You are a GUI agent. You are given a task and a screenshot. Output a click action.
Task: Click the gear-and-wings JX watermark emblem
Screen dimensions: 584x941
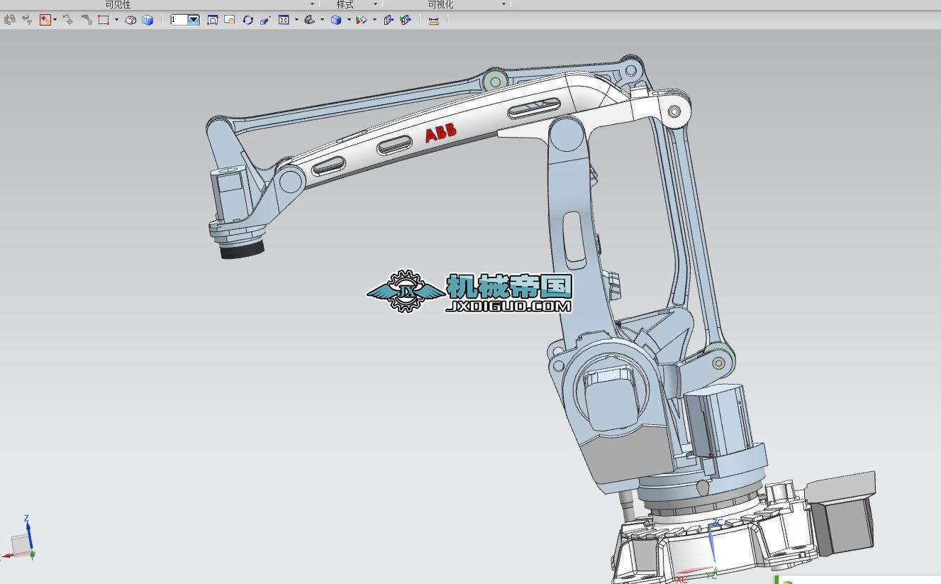coord(405,291)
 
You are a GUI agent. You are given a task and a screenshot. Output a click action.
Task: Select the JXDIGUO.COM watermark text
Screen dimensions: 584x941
coord(508,307)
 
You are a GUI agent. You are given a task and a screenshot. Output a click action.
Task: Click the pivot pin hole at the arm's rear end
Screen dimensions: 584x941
coord(674,111)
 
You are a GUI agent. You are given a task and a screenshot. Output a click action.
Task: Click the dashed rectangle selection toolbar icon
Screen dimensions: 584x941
coord(103,20)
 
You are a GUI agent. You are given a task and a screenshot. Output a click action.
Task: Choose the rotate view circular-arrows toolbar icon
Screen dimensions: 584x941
coord(247,20)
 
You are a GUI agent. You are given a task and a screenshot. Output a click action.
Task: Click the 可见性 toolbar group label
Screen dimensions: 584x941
coord(118,4)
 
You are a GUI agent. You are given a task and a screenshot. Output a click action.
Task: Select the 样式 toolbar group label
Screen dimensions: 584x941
coord(345,4)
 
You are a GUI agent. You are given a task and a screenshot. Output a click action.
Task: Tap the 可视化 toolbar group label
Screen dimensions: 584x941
coord(440,4)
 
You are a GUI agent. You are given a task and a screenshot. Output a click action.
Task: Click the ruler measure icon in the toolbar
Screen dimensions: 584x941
coord(434,21)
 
